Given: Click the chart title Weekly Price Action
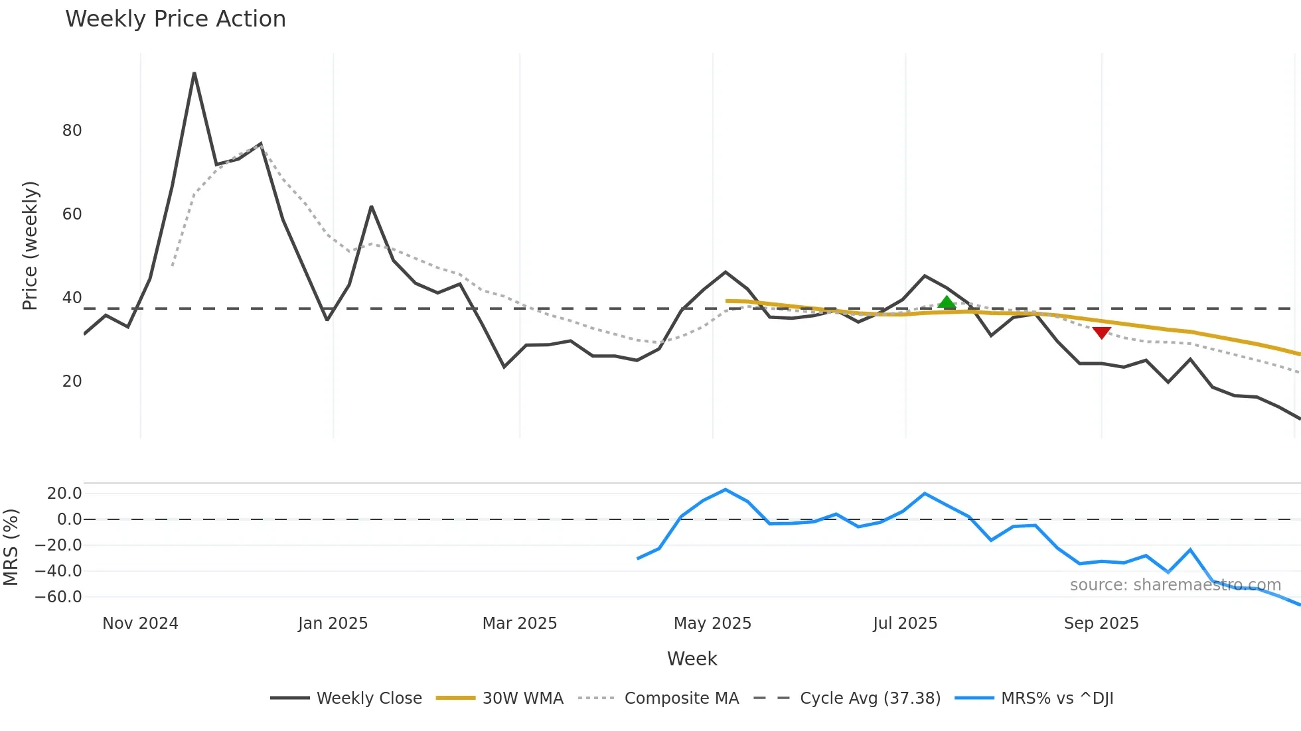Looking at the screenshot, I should (175, 19).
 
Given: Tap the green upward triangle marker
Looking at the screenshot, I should (947, 302).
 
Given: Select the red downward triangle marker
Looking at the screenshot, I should (1102, 332).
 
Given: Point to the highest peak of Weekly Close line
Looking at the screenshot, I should (194, 73).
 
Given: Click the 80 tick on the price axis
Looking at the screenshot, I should (72, 131).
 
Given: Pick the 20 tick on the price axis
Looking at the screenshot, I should (72, 381).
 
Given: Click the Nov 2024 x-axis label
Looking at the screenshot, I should (140, 624).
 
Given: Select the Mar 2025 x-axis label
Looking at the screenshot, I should (519, 624).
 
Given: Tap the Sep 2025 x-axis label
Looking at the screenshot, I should (1101, 624).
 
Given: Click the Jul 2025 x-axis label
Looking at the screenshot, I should (905, 624).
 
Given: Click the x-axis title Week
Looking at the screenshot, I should (692, 659).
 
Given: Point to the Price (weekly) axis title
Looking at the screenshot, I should (31, 245).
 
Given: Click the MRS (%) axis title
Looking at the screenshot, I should (11, 547).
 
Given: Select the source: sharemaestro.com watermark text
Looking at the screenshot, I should (1175, 585).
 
